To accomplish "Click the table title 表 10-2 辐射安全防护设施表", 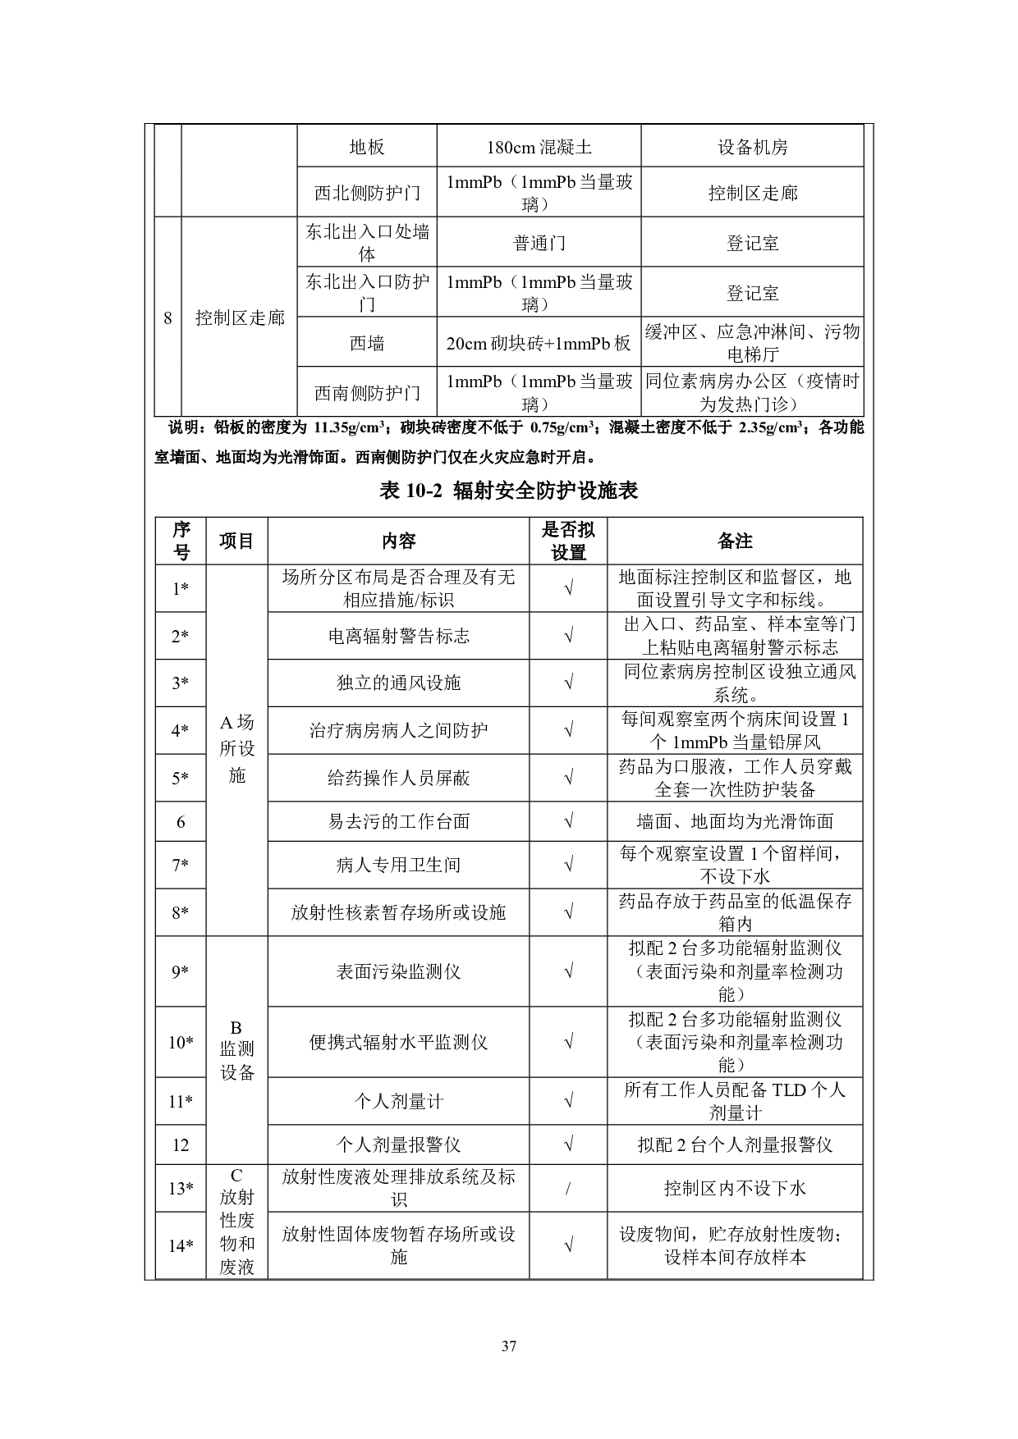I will (508, 491).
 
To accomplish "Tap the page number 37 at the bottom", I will (508, 1345).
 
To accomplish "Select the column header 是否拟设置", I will (568, 541).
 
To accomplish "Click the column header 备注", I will (735, 541).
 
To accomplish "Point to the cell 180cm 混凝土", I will (539, 148).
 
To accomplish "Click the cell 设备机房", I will (752, 148).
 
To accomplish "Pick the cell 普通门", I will (539, 243).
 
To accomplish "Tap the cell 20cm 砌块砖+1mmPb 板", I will (539, 343).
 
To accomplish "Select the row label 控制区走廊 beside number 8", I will (239, 317).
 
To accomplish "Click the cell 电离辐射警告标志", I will (398, 636).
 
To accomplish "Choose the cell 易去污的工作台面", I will (398, 821).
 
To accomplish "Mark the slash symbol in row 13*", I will (568, 1188).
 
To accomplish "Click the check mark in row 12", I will (568, 1144).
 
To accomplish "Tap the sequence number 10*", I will (181, 1042).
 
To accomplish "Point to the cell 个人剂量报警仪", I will (398, 1144).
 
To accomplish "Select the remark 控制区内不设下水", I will (735, 1188).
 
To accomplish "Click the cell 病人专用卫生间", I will (398, 865).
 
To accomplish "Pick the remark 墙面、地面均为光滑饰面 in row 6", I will (735, 821).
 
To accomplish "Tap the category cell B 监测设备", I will (236, 1050).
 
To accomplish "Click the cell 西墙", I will (367, 343).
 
